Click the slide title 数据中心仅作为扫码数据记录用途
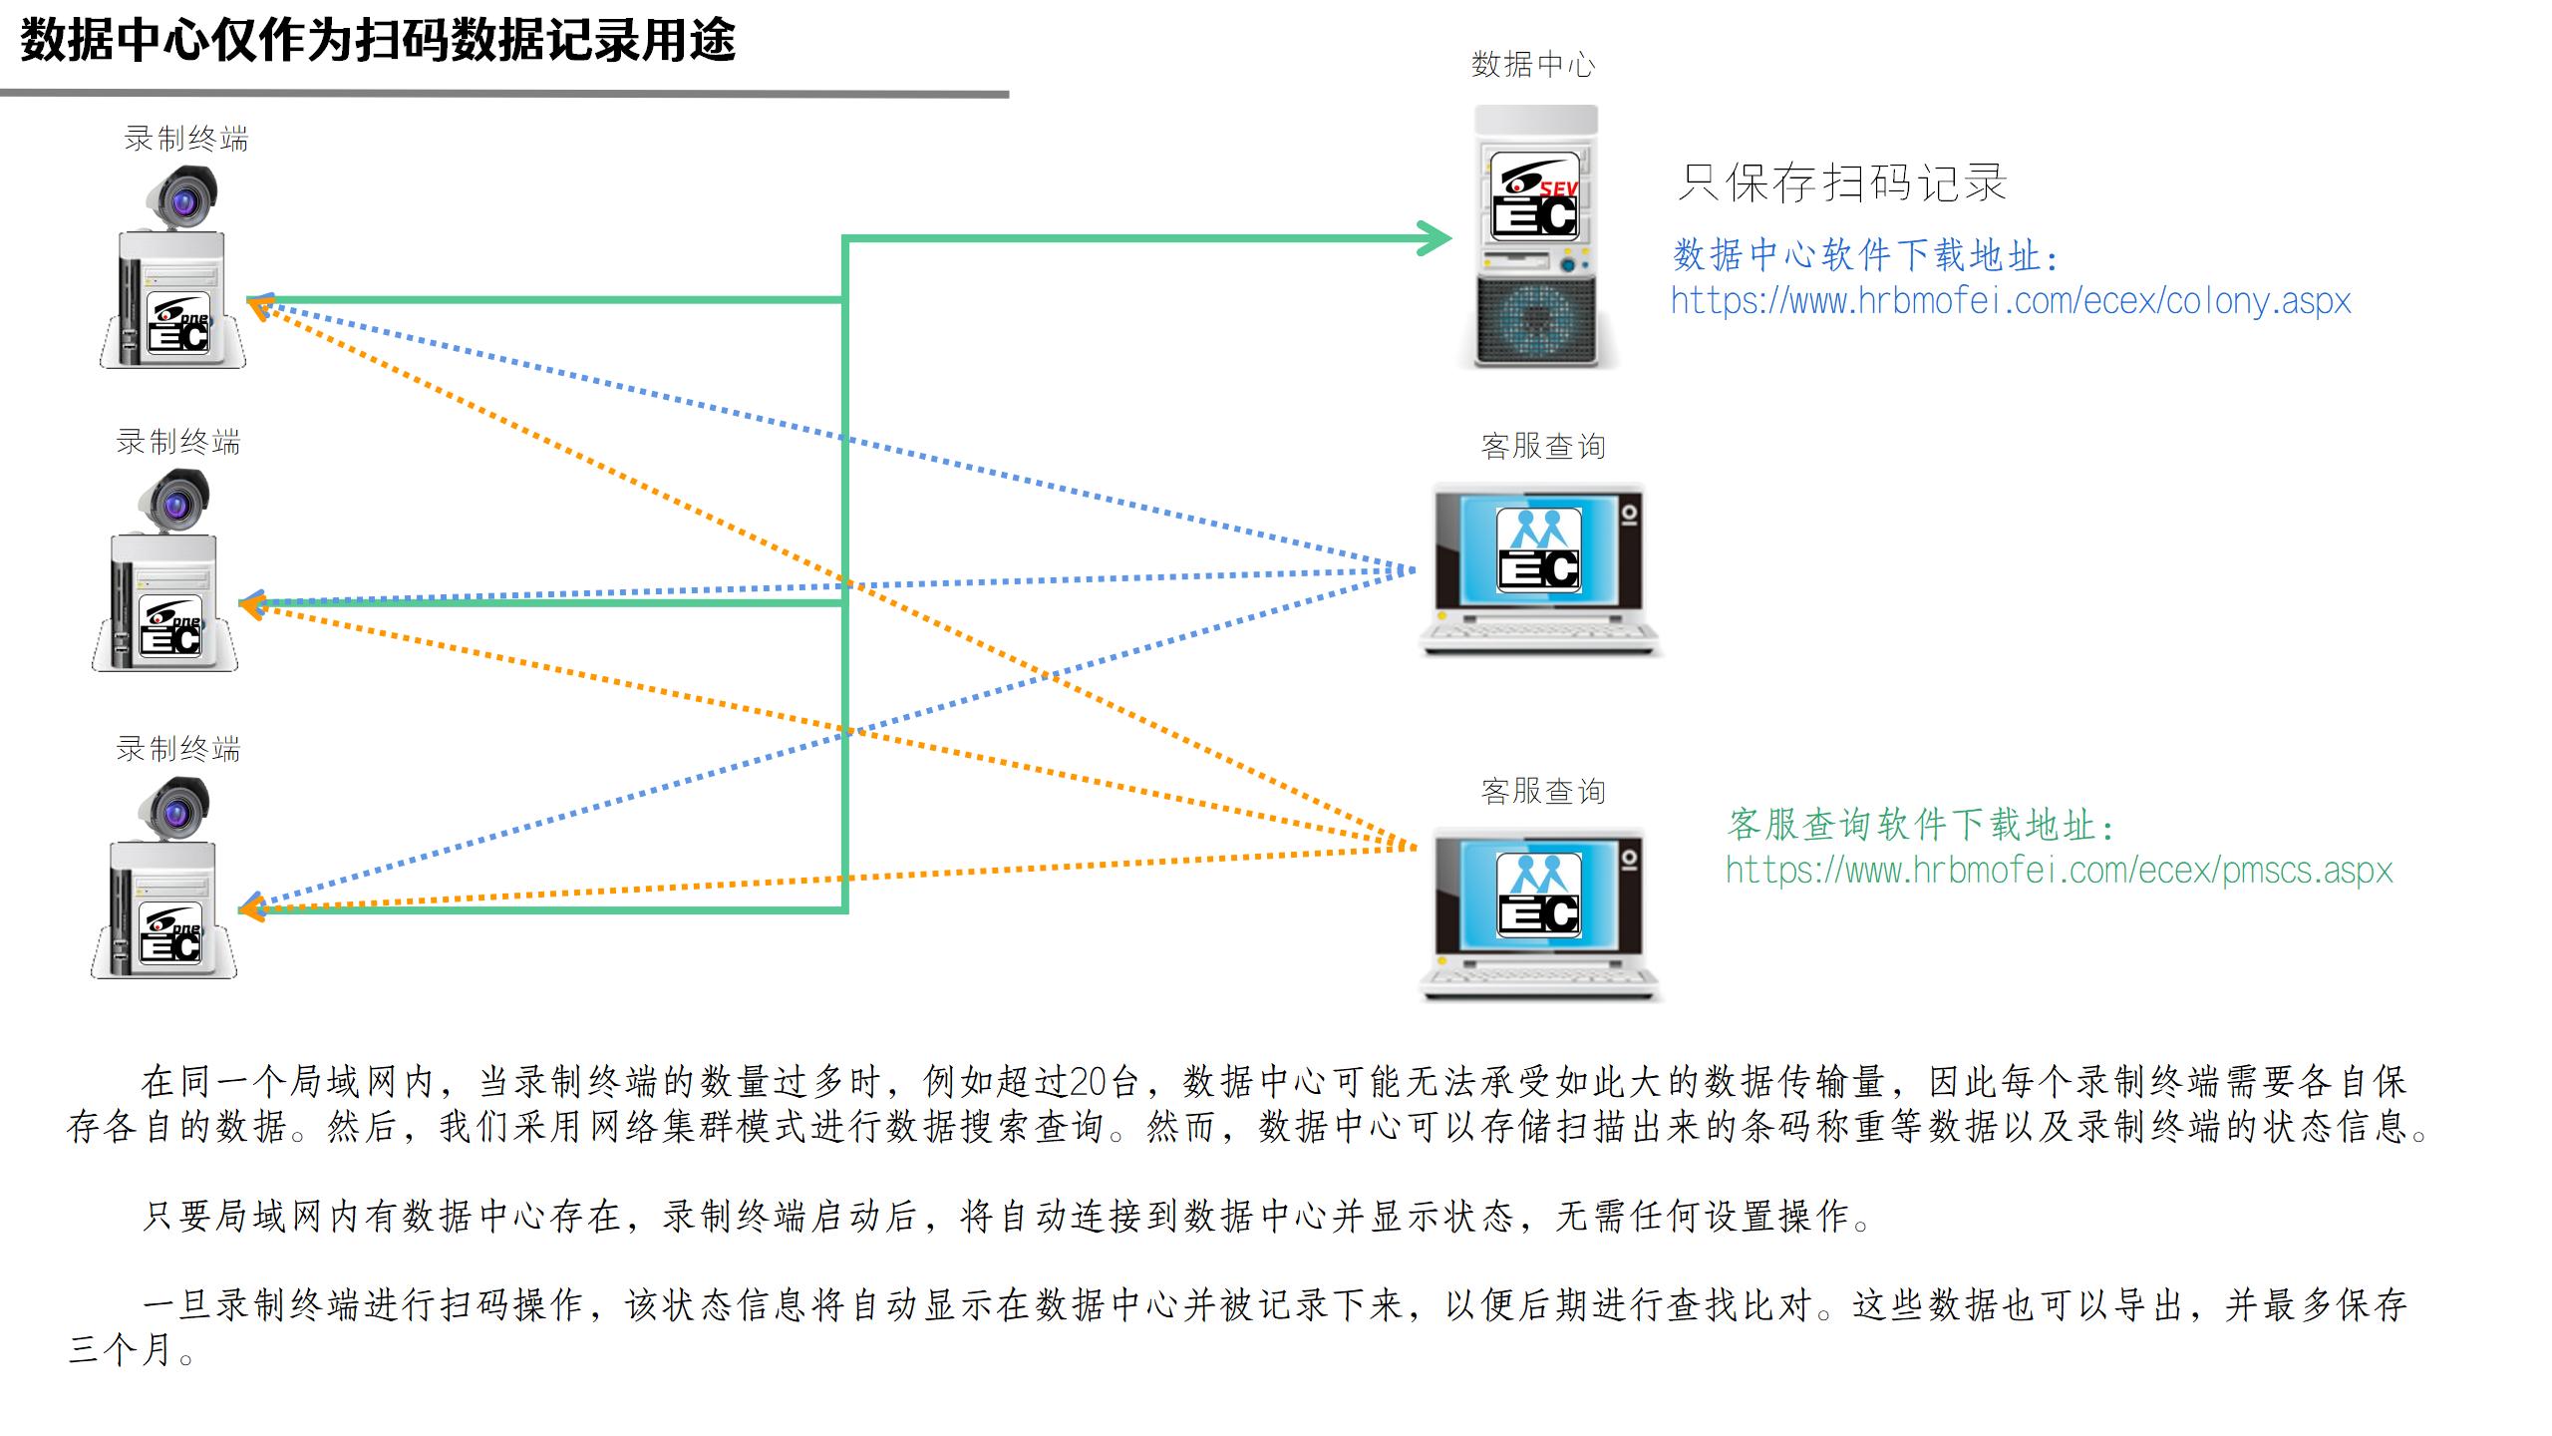click(378, 42)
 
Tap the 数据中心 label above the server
click(1532, 66)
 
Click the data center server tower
click(1536, 237)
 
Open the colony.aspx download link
click(2010, 301)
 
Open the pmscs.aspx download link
click(2059, 871)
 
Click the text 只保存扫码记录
click(1841, 183)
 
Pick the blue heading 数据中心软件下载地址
click(1865, 255)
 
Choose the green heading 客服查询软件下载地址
click(1920, 825)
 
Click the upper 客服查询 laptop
click(1540, 569)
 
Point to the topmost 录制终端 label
click(186, 140)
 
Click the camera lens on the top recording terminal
click(184, 203)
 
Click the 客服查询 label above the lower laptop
click(1542, 792)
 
